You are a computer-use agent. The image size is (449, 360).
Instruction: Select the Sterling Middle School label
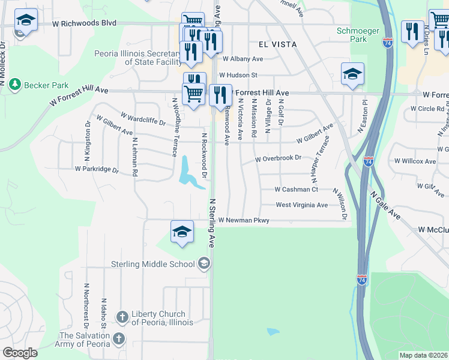pos(154,264)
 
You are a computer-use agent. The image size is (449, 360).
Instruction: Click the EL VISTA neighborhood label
pos(279,44)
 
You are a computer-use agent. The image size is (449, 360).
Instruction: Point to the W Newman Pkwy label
pos(244,221)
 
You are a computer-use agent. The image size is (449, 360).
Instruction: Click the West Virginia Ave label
pos(301,205)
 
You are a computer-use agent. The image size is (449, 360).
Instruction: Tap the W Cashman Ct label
pos(296,190)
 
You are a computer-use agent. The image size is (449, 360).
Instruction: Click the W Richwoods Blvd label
pos(83,23)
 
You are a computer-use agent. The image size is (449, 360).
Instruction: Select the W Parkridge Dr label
pos(97,169)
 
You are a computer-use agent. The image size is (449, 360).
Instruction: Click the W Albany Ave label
pos(243,59)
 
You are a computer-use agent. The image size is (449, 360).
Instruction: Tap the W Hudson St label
pos(238,76)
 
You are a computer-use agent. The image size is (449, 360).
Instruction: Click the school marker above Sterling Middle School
pos(182,232)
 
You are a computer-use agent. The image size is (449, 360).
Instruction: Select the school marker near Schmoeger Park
pos(352,74)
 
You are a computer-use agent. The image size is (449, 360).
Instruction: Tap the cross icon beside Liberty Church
pos(122,317)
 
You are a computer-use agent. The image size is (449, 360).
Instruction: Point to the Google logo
pos(20,353)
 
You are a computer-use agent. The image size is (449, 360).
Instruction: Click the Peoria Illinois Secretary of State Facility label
pos(138,58)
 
